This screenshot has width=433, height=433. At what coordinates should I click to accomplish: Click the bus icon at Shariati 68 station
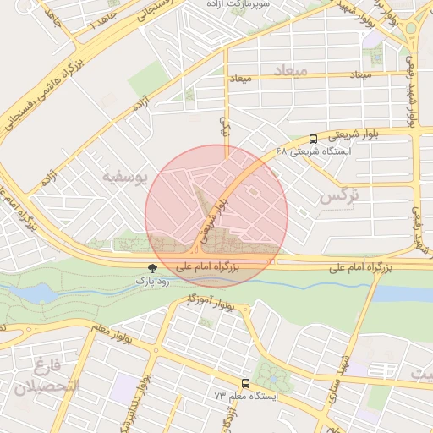pyautogui.click(x=314, y=139)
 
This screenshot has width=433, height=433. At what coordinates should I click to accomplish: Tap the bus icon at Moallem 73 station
pyautogui.click(x=245, y=383)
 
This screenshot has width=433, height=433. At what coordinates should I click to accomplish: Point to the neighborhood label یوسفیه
pyautogui.click(x=124, y=177)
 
